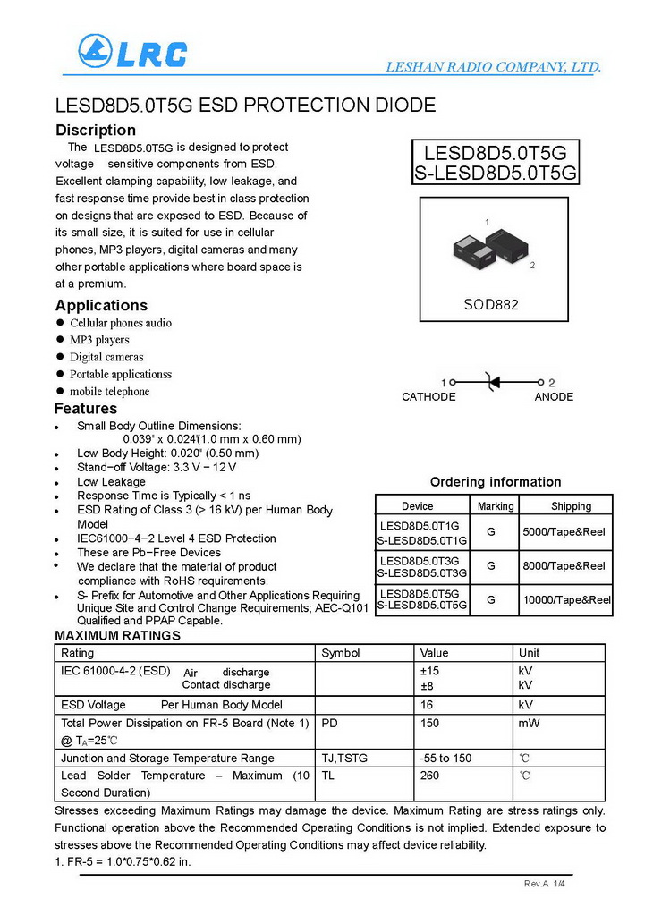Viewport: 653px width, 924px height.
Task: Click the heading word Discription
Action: click(96, 131)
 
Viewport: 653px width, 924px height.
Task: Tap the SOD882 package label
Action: click(490, 304)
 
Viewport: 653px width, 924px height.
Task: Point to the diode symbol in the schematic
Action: click(490, 382)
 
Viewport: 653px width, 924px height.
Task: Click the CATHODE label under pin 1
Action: click(428, 397)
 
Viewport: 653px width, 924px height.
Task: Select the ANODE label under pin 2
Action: click(554, 397)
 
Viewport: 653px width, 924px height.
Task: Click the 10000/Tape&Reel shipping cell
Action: click(565, 599)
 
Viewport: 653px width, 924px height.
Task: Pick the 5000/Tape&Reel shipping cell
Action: click(564, 532)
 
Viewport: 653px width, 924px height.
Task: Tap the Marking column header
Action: click(496, 506)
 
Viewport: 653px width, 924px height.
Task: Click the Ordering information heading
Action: click(496, 482)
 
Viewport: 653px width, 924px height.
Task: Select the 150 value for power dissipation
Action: click(430, 723)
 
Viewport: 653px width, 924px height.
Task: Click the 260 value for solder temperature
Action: click(430, 776)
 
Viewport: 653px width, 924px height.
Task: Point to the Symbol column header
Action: click(341, 653)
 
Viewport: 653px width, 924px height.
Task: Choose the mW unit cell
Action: click(529, 723)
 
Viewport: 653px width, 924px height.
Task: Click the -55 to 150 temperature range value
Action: click(445, 759)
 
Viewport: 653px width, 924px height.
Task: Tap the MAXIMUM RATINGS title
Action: click(118, 636)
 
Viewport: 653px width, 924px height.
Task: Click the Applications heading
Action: click(101, 306)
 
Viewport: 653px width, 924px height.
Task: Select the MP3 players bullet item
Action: click(99, 340)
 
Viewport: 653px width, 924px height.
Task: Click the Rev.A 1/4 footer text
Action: click(545, 884)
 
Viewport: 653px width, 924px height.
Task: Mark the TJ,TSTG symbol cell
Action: click(344, 759)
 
